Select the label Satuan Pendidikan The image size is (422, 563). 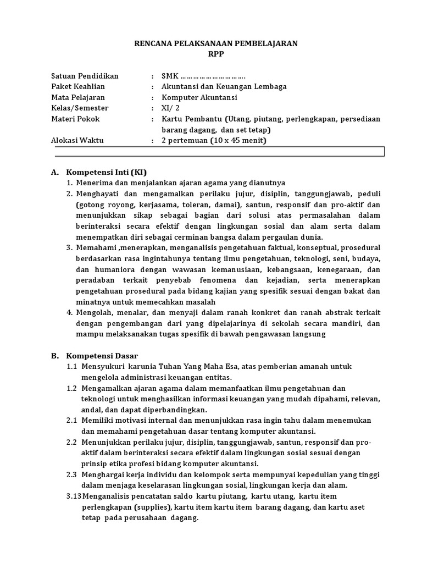(84, 76)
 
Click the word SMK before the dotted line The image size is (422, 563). (170, 76)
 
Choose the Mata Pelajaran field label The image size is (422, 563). (77, 97)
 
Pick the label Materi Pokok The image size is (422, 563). (75, 119)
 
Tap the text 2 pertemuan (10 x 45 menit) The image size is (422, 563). (213, 140)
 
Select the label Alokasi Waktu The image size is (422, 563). (77, 140)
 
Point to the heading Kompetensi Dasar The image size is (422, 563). (102, 356)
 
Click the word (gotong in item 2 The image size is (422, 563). (90, 205)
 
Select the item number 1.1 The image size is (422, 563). (72, 367)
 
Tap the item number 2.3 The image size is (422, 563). (72, 474)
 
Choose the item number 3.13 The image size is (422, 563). (73, 496)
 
